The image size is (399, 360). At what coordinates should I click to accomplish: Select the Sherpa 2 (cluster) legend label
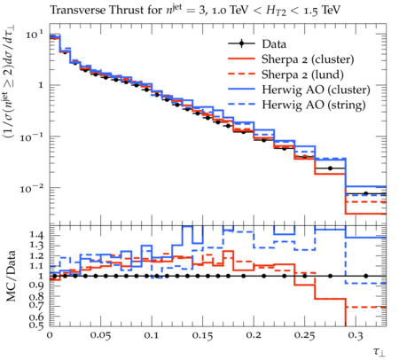(308, 59)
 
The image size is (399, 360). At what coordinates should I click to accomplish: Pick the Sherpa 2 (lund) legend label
(302, 74)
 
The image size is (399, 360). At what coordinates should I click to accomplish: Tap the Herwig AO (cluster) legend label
(316, 90)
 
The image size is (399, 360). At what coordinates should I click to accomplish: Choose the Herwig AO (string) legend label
(314, 105)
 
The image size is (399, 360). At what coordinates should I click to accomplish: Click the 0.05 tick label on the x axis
(100, 335)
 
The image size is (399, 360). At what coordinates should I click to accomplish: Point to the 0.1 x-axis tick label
(152, 335)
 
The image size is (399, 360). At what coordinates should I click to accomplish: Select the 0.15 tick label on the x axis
(202, 335)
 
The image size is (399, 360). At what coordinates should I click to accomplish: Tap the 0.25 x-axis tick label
(304, 335)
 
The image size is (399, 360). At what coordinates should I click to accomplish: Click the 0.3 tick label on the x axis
(356, 335)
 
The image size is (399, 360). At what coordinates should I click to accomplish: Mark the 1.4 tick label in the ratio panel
(36, 235)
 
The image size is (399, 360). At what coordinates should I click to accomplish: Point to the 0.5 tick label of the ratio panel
(36, 325)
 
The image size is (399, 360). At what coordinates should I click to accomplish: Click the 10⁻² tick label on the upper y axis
(32, 188)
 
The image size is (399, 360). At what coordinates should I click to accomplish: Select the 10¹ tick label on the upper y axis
(35, 35)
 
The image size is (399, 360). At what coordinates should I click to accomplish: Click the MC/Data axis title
(11, 276)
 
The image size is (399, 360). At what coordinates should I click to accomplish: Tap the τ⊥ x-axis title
(379, 352)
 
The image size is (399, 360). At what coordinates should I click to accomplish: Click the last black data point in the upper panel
(366, 193)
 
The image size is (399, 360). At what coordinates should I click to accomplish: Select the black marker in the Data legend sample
(241, 44)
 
